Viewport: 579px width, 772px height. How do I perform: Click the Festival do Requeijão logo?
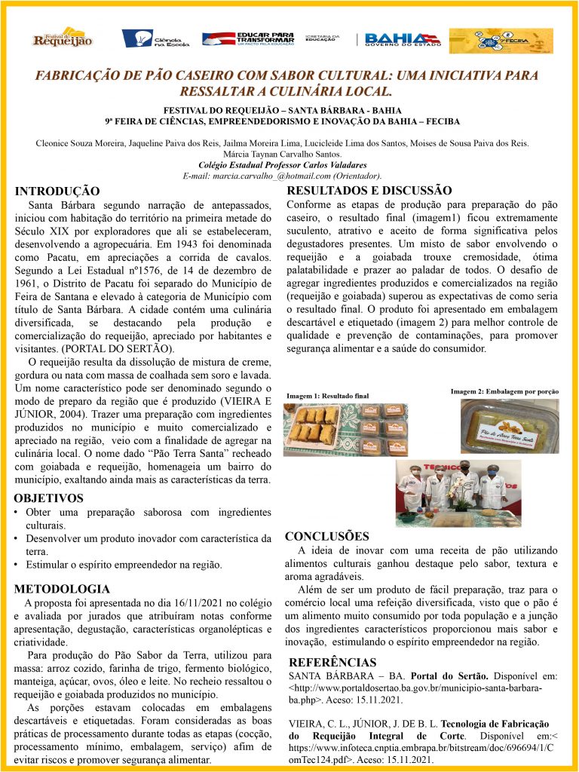pos(62,38)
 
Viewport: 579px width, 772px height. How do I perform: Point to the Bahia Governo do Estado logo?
pos(402,38)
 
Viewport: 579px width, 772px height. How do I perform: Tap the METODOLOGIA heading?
pos(63,588)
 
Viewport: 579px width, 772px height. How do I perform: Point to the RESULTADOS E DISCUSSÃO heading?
pos(369,191)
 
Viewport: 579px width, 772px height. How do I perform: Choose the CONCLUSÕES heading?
pos(327,537)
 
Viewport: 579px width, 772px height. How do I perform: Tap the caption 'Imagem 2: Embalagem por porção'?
pos(504,391)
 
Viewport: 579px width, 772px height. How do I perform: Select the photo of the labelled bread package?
pos(510,426)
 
